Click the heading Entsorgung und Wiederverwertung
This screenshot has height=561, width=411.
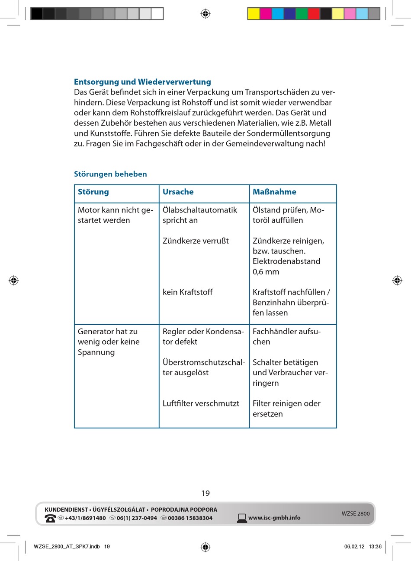(x=142, y=82)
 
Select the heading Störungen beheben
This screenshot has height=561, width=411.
(x=110, y=174)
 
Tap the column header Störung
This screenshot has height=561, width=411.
(x=93, y=192)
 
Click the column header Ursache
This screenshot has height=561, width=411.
(x=178, y=192)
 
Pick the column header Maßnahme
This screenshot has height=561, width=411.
(x=274, y=192)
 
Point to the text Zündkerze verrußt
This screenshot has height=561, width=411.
(x=196, y=241)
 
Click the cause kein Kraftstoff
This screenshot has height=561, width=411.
(x=187, y=292)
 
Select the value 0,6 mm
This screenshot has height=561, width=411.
(x=266, y=272)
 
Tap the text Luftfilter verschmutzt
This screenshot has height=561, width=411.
(x=201, y=403)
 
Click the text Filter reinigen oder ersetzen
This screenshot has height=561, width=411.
(x=286, y=409)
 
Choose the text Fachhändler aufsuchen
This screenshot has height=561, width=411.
(x=286, y=336)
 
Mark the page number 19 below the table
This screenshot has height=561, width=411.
(x=205, y=493)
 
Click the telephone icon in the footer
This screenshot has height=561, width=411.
(x=50, y=518)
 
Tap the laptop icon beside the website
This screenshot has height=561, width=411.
(x=242, y=518)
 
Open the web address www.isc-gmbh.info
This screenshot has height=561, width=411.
(x=274, y=518)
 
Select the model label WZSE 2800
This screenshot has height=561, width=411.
(x=356, y=513)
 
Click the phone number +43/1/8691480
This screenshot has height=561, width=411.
(x=85, y=518)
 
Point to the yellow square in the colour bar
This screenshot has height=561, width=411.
(x=253, y=14)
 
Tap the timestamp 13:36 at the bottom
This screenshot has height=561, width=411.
(x=375, y=546)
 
